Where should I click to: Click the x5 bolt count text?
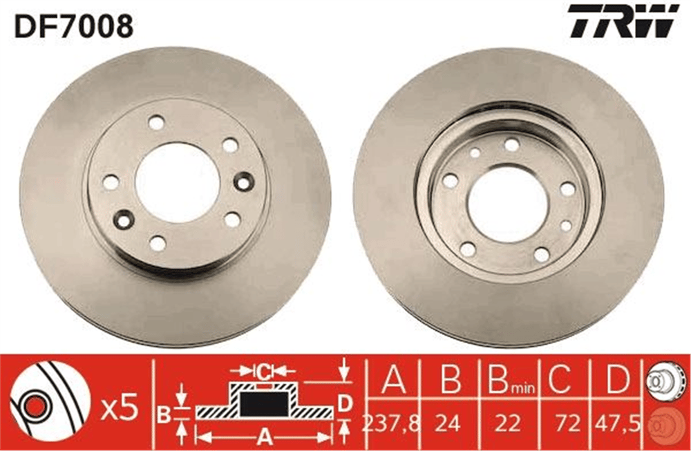coord(120,408)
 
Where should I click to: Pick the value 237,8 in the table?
coord(390,423)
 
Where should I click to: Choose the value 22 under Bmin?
coord(507,423)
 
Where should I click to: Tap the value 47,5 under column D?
coord(617,423)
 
